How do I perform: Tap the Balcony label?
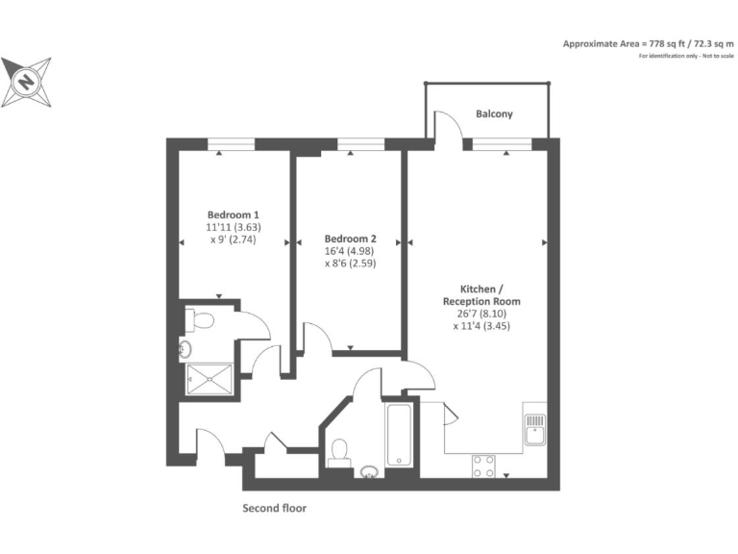(494, 113)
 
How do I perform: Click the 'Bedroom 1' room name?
(233, 214)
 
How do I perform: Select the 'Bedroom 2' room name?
(350, 239)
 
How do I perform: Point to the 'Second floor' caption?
(274, 508)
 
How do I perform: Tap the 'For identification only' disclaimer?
(685, 57)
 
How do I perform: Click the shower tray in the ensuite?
(208, 378)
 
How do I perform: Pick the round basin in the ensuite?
(185, 350)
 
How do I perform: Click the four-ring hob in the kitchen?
(483, 466)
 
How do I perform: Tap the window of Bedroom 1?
(233, 144)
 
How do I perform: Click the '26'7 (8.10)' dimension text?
(488, 314)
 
